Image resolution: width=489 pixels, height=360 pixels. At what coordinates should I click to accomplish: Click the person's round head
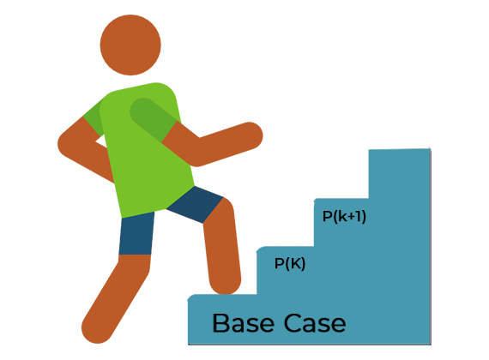coord(130,45)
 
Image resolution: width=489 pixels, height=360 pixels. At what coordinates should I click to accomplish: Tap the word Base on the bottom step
coord(243,323)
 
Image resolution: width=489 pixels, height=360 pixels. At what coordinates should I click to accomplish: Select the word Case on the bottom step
coord(315,323)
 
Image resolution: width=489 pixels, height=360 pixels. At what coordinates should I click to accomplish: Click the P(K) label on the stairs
coord(290,264)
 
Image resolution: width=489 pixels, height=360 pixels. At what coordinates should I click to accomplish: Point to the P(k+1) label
coord(344,216)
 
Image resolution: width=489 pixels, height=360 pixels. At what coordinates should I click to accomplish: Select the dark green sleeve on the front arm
coord(154,119)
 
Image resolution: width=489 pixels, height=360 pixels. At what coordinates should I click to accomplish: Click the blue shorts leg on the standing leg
coord(136,234)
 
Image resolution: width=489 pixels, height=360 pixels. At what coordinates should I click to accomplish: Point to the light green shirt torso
coord(147,150)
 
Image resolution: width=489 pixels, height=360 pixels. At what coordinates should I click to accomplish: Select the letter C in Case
coord(293,323)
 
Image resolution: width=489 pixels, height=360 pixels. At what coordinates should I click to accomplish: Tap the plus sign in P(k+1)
coord(352,216)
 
